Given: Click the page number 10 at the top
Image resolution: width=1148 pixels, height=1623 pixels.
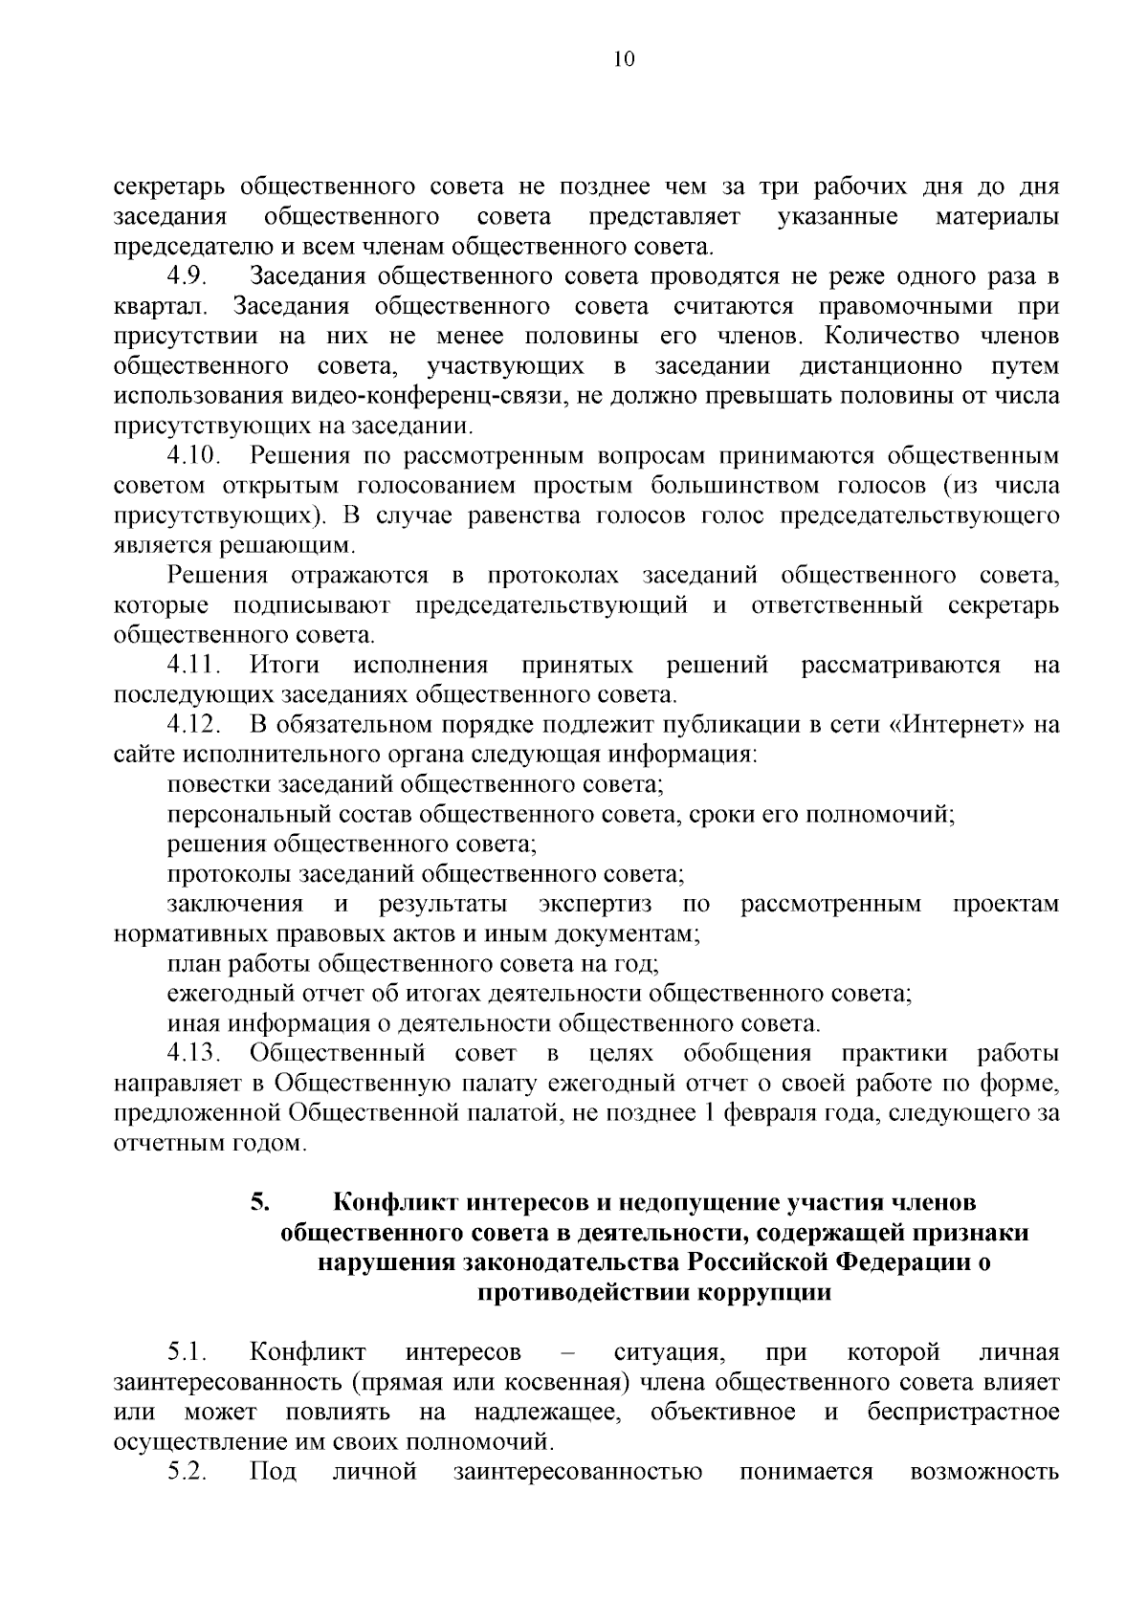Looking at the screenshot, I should (622, 59).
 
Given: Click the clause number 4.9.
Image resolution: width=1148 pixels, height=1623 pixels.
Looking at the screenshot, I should (188, 277).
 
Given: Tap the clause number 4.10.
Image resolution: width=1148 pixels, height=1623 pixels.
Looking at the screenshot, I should (194, 456).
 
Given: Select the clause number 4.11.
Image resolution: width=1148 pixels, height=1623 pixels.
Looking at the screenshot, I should (194, 665).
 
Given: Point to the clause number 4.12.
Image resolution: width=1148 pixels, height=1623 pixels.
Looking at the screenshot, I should (194, 724).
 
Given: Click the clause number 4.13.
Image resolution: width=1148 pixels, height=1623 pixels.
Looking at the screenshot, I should (194, 1054).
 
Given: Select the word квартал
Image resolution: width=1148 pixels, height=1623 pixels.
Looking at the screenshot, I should (156, 308).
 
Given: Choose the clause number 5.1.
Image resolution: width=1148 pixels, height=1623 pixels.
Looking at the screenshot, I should (188, 1352).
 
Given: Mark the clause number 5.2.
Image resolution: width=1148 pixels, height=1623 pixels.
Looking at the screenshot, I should (188, 1472).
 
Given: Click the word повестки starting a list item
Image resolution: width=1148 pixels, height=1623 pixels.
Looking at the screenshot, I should (217, 784).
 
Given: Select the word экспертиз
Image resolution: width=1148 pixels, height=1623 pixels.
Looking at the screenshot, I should (595, 904).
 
